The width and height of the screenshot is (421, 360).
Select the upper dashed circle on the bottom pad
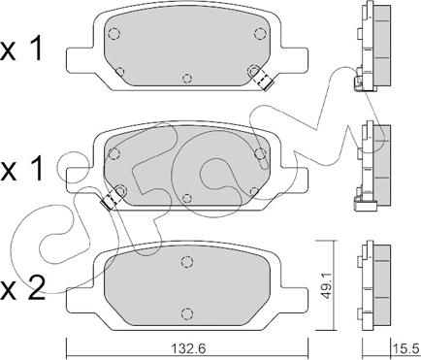(x=186, y=261)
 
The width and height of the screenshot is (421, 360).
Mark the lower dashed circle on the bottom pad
(x=186, y=311)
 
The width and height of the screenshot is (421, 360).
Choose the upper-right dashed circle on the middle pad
(x=259, y=151)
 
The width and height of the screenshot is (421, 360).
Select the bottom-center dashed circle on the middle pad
(x=186, y=199)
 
